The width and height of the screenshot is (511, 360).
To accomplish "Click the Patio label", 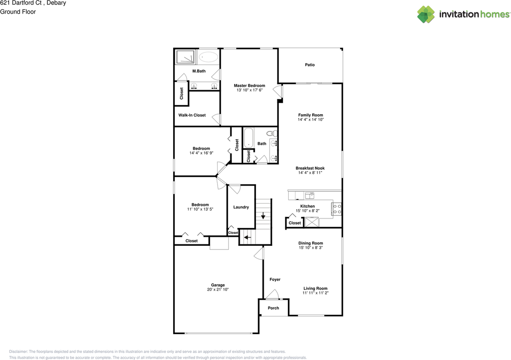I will (x=310, y=65).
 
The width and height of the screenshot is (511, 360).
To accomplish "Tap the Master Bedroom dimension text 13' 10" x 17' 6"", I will (x=249, y=90).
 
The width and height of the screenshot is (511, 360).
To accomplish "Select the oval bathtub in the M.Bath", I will (x=208, y=57).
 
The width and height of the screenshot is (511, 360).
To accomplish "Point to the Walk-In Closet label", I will (x=192, y=115).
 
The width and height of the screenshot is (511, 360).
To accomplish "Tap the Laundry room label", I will (x=241, y=207).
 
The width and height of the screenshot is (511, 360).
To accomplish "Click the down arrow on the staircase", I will (x=263, y=216).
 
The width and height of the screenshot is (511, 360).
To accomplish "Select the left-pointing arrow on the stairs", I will (x=247, y=237).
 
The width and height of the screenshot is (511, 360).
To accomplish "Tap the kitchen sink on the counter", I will (x=309, y=195).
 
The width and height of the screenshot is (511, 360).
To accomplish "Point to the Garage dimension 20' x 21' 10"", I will (x=218, y=290).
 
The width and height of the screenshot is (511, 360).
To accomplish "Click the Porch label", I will (x=273, y=308).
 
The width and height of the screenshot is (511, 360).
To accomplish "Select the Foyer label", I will (x=275, y=279).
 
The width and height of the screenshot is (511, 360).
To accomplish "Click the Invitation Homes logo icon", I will (x=426, y=14).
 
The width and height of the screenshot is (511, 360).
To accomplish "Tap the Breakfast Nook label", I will (x=310, y=168).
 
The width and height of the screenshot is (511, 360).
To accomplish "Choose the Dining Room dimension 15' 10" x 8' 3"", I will (x=310, y=248).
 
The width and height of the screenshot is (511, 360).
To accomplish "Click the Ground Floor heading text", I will (x=18, y=12).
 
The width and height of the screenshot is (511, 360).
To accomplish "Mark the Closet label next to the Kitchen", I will (x=295, y=223).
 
